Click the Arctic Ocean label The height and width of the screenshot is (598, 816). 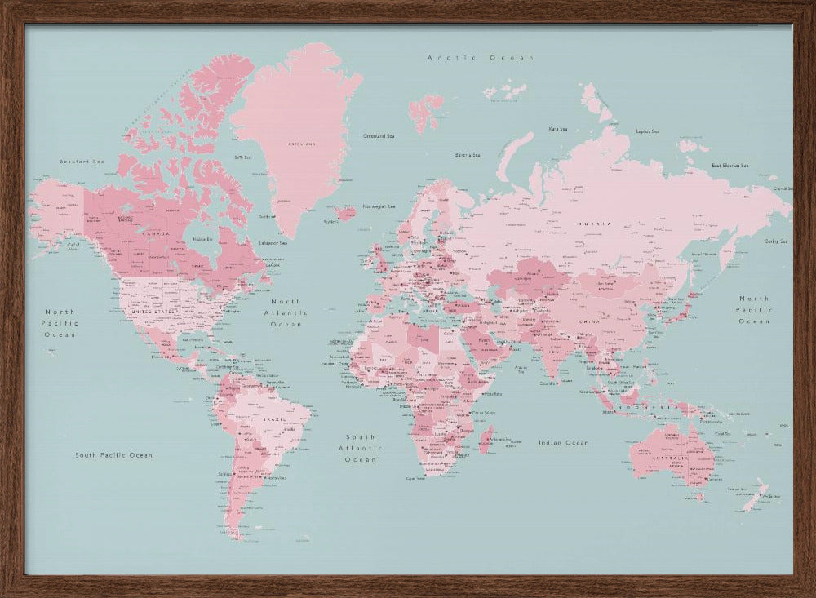481,58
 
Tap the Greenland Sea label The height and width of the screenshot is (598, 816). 379,136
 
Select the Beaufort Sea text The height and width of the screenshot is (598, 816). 82,162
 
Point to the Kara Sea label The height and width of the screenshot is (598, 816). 558,128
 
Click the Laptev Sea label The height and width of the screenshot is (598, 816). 647,131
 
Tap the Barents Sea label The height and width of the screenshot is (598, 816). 468,154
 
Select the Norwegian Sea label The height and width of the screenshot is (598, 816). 379,206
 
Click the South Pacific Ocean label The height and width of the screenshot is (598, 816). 113,455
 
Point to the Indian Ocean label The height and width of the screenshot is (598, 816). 563,442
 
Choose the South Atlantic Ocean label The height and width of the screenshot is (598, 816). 361,448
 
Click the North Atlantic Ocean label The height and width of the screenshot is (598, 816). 286,312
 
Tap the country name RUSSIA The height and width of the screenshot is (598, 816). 594,223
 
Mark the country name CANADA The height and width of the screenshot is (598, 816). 154,233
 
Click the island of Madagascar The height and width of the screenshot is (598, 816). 488,441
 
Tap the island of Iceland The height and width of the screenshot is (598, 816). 344,213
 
